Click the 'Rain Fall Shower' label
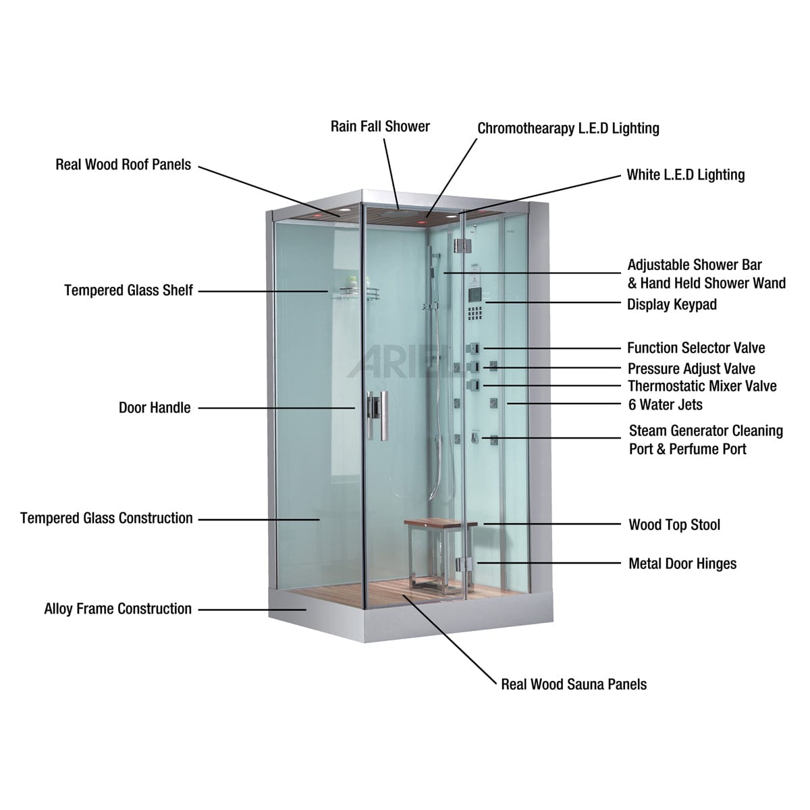[380, 126]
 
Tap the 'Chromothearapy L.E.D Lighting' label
[568, 129]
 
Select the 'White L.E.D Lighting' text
[686, 175]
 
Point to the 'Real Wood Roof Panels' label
[123, 165]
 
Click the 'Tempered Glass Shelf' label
[129, 290]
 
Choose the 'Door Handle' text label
[155, 408]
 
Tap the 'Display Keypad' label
[672, 304]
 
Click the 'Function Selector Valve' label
[696, 348]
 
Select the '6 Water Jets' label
[666, 405]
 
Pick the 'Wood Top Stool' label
[674, 525]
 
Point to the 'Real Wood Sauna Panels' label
[574, 684]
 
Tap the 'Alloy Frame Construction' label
[118, 609]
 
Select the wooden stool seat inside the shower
[441, 524]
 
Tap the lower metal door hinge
[464, 564]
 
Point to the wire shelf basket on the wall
[358, 294]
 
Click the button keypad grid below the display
[475, 313]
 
